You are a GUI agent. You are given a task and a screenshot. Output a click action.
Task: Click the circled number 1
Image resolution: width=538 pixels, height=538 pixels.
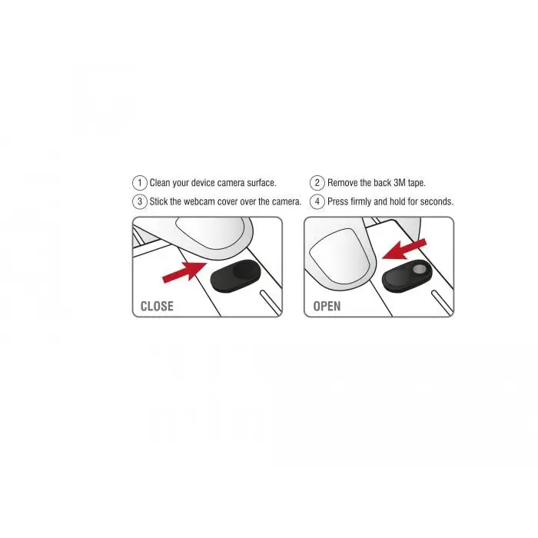(x=139, y=183)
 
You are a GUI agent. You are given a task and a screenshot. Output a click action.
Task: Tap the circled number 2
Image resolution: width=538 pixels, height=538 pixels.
(x=317, y=183)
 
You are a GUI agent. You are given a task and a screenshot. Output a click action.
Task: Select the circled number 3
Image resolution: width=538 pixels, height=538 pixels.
(x=139, y=202)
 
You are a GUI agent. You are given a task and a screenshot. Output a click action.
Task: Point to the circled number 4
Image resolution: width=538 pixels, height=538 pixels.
(x=317, y=202)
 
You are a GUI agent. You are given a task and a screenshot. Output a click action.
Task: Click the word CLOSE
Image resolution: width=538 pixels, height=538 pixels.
(x=157, y=306)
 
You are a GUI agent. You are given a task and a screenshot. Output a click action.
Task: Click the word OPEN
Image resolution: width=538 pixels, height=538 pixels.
(x=327, y=306)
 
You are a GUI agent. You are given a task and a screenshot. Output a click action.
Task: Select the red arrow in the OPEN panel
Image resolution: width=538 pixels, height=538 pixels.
(x=404, y=250)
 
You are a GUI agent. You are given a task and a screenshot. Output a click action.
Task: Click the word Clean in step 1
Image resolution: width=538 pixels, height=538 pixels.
(x=160, y=183)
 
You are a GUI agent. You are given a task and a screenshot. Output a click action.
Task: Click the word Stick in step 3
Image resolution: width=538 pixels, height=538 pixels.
(x=159, y=202)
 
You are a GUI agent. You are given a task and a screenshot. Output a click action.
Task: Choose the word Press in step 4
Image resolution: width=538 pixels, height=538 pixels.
(x=338, y=202)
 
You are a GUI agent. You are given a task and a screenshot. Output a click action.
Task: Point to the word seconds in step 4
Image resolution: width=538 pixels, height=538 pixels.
(x=435, y=202)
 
